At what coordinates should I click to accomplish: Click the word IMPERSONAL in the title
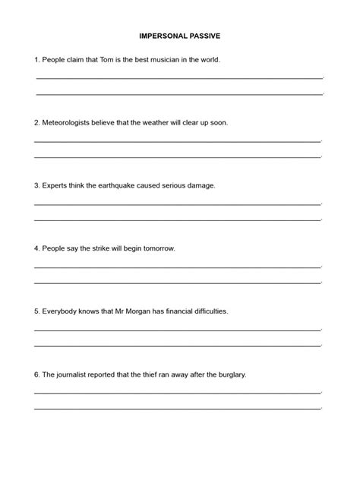point(163,35)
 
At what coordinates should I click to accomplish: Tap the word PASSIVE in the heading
point(206,35)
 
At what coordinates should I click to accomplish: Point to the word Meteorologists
point(68,122)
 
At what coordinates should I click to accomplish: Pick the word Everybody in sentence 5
point(60,311)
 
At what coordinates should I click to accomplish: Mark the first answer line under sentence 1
point(179,77)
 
